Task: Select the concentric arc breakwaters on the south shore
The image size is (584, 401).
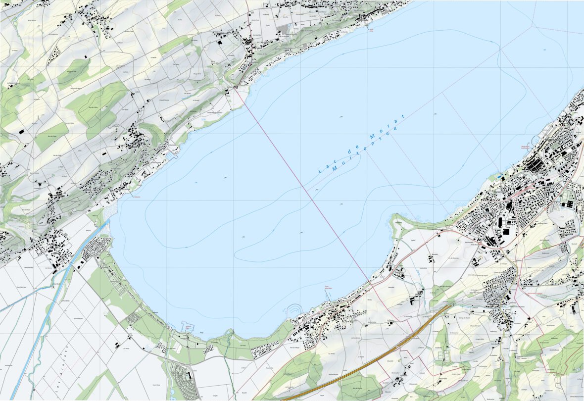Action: click(x=293, y=309)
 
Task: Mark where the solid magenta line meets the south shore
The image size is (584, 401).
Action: click(x=369, y=280)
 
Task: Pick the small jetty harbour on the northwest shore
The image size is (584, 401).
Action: click(x=173, y=155)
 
